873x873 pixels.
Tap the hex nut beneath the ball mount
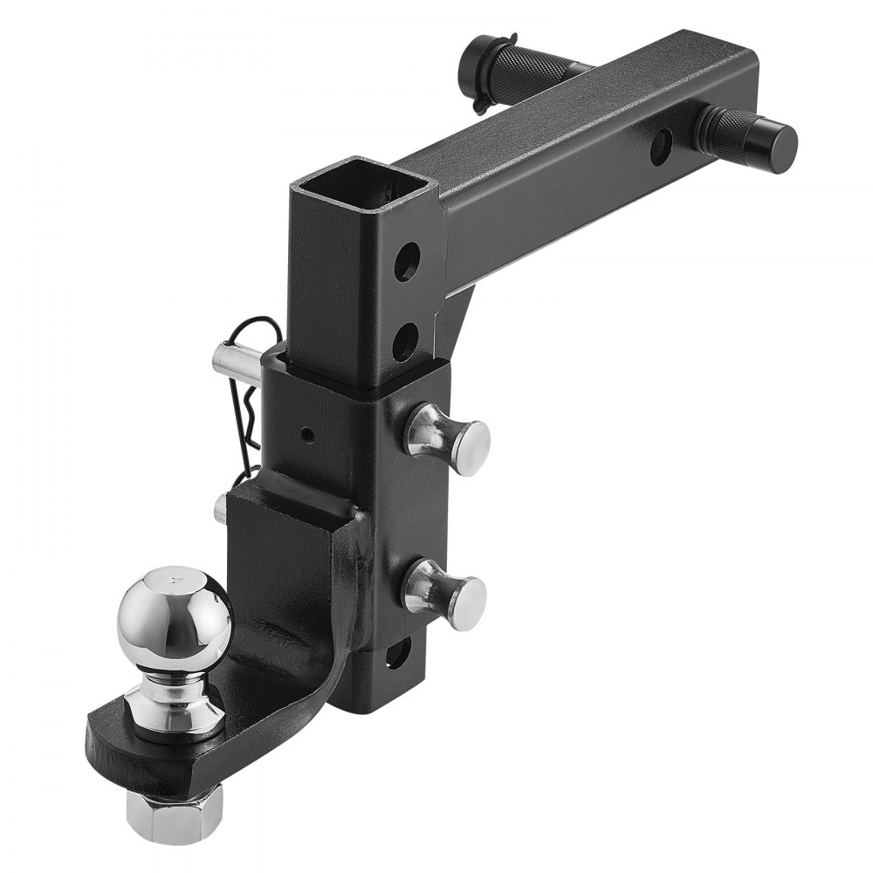click(x=175, y=812)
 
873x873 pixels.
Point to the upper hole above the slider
click(x=406, y=264)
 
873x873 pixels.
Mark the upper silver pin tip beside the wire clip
click(x=229, y=357)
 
